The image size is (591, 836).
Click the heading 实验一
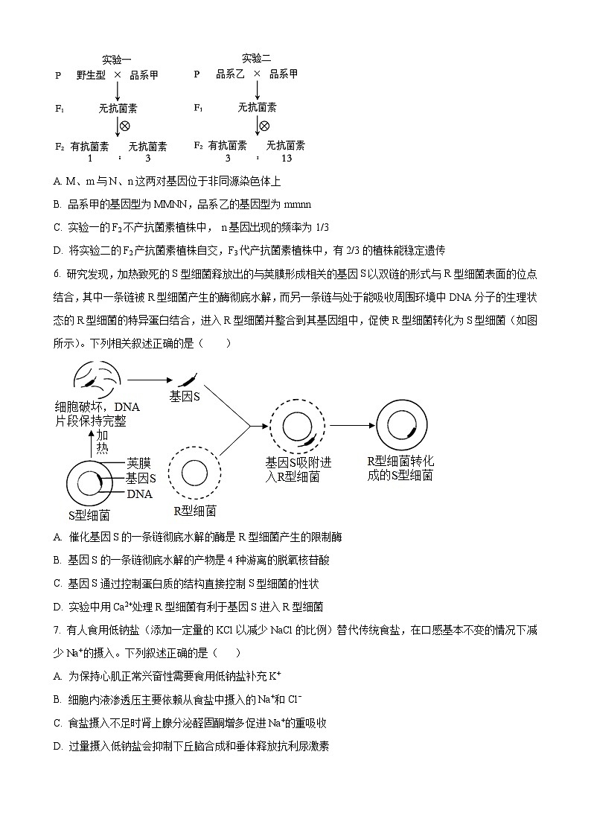[x=117, y=60]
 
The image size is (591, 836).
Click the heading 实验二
[x=257, y=58]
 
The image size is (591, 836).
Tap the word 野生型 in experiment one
[x=91, y=75]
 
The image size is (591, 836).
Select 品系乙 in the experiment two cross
[x=229, y=74]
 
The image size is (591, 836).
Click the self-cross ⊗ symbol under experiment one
[x=125, y=126]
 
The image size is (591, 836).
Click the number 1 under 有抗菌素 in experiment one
[x=90, y=159]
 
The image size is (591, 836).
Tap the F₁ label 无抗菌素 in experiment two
[x=257, y=108]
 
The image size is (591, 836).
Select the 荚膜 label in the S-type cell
[x=138, y=462]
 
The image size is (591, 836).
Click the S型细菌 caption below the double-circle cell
[x=89, y=514]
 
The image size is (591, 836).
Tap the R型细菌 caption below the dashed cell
[x=195, y=511]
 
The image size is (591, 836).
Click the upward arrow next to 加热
[x=92, y=445]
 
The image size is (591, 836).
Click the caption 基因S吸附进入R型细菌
[x=298, y=470]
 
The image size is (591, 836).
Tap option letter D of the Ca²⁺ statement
[x=57, y=606]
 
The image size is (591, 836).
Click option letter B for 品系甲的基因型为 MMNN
[x=57, y=204]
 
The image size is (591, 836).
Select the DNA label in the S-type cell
[x=139, y=494]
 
